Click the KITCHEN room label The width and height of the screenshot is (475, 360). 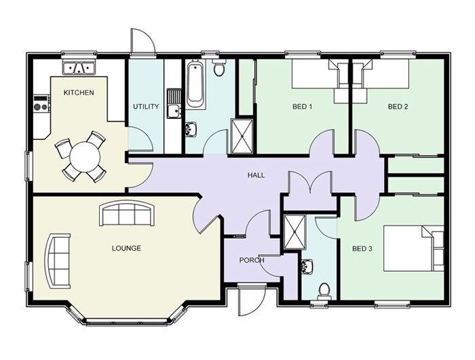(x=79, y=92)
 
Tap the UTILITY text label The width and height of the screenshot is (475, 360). (x=146, y=107)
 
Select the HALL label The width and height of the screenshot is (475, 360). (x=256, y=175)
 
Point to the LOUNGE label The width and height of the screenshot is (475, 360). (x=126, y=248)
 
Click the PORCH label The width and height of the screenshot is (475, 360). (x=252, y=260)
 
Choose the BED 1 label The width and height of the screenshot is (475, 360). (x=302, y=107)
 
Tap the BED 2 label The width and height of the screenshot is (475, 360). (x=398, y=107)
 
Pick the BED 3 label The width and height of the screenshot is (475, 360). (x=362, y=249)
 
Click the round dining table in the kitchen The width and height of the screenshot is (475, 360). (x=85, y=157)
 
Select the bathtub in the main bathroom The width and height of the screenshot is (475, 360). (x=195, y=84)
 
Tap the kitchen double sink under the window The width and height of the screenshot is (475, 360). (x=79, y=67)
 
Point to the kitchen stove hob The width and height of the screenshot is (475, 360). (x=41, y=104)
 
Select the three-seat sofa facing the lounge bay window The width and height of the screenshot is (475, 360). (x=127, y=214)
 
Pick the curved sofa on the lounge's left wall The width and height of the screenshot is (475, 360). (x=58, y=261)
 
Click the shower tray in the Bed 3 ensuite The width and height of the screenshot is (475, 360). (x=294, y=232)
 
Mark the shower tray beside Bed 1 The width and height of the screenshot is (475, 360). (x=242, y=136)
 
